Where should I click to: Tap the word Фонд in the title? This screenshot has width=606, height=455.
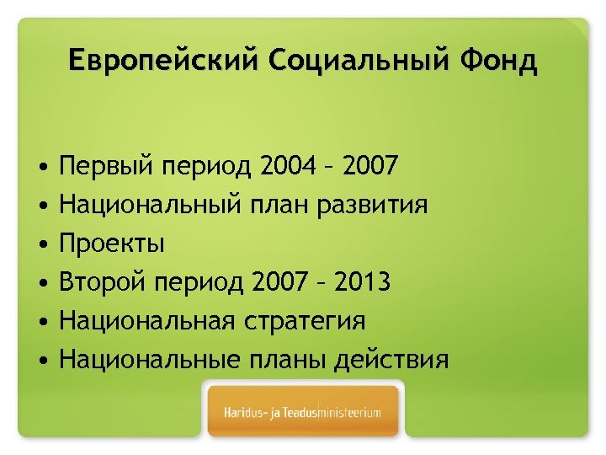(x=498, y=62)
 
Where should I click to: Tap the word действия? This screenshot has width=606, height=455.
(x=391, y=360)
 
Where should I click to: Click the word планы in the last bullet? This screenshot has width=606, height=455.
(x=279, y=360)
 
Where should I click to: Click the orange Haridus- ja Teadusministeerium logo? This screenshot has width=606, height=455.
(x=303, y=413)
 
